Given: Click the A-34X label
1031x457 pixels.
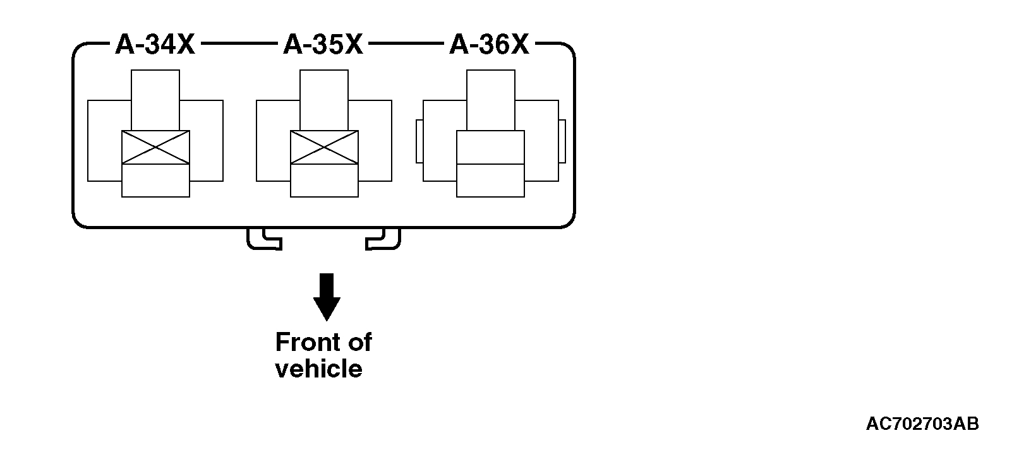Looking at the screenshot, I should [x=155, y=45].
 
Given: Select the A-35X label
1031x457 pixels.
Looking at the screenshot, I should [x=323, y=45].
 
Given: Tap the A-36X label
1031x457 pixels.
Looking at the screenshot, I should [x=490, y=45].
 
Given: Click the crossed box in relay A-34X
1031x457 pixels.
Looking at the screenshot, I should [x=155, y=148].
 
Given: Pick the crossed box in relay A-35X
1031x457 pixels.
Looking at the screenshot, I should [x=324, y=148].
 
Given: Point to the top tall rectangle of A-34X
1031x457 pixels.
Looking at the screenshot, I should [x=155, y=100].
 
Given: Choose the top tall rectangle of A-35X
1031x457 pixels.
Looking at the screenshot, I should [x=324, y=100].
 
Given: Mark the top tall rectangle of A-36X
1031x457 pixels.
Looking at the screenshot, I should [x=490, y=100].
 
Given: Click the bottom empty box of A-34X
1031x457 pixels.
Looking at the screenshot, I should [x=155, y=181].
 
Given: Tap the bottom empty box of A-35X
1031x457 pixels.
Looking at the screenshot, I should [x=324, y=181].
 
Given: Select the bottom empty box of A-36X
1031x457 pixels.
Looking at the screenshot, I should [x=490, y=181].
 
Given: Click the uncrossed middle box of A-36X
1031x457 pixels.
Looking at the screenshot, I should [x=490, y=148].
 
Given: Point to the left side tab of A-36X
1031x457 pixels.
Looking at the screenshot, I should [x=419, y=140].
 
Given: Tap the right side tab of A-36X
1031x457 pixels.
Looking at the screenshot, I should [x=562, y=140].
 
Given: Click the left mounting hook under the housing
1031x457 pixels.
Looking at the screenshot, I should [x=263, y=239].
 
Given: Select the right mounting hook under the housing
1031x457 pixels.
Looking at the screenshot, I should [x=384, y=239].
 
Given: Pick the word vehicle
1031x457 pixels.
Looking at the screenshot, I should [x=319, y=369].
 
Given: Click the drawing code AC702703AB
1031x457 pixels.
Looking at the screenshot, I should [x=922, y=424].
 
